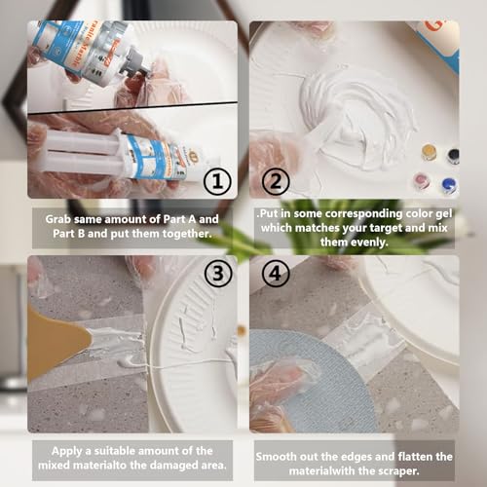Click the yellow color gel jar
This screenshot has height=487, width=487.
point(428,152)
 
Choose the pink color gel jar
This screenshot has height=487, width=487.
point(422,181)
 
